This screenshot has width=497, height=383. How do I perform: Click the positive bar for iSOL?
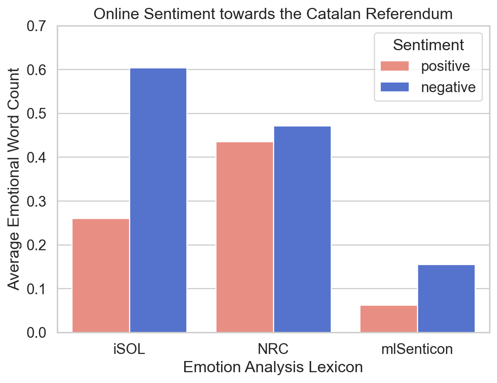pyautogui.click(x=101, y=275)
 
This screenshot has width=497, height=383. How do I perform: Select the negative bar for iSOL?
pyautogui.click(x=158, y=200)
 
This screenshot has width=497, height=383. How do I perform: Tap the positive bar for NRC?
pyautogui.click(x=245, y=237)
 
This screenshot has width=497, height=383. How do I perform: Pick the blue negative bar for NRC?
pyautogui.click(x=302, y=229)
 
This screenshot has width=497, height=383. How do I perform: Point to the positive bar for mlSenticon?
pyautogui.click(x=388, y=319)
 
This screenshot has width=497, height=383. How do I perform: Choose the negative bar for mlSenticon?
pyautogui.click(x=446, y=298)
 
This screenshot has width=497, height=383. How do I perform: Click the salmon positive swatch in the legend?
pyautogui.click(x=395, y=66)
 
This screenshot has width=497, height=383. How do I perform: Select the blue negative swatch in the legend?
pyautogui.click(x=395, y=87)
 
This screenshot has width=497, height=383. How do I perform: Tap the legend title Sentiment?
pyautogui.click(x=428, y=45)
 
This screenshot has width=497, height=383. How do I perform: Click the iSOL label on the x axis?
pyautogui.click(x=129, y=349)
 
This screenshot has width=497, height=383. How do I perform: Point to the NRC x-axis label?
pyautogui.click(x=273, y=349)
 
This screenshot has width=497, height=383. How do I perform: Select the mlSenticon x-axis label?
pyautogui.click(x=417, y=349)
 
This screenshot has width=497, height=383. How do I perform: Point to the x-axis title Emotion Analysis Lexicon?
pyautogui.click(x=273, y=368)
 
